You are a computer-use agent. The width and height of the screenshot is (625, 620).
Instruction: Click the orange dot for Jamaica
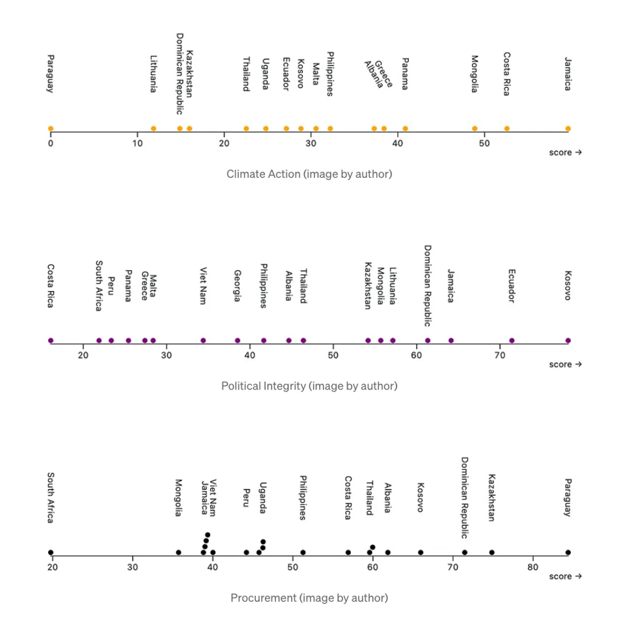[568, 128]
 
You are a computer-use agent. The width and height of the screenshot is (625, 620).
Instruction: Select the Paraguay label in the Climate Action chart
[50, 74]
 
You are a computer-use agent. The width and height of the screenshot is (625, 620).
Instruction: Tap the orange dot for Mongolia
[475, 128]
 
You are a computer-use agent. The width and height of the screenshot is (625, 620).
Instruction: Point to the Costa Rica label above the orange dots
[507, 74]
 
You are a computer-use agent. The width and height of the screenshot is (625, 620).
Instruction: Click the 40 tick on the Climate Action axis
[398, 143]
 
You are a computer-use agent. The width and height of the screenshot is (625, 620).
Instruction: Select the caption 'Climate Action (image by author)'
[309, 174]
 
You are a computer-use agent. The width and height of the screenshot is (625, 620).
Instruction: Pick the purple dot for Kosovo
[568, 340]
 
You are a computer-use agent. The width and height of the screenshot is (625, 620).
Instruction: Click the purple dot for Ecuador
[512, 340]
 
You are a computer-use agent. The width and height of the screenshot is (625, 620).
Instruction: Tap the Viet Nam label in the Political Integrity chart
[203, 286]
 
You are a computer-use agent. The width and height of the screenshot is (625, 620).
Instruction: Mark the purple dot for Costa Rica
[50, 340]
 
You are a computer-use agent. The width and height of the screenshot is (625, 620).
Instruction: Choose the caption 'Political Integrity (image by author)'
[309, 386]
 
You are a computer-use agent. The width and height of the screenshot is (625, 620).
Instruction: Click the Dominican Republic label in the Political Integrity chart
[428, 285]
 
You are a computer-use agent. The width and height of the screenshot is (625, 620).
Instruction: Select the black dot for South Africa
[50, 552]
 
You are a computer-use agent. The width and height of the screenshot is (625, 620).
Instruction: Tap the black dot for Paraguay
[568, 552]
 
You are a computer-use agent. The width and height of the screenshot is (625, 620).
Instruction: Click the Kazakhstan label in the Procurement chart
[492, 498]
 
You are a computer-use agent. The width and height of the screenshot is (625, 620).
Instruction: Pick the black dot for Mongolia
[178, 552]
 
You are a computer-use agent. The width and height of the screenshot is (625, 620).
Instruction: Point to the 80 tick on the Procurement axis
[533, 567]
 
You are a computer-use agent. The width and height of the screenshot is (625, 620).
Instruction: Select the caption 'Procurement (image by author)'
[309, 598]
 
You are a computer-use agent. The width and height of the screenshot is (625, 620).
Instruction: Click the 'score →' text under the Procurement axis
[565, 576]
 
